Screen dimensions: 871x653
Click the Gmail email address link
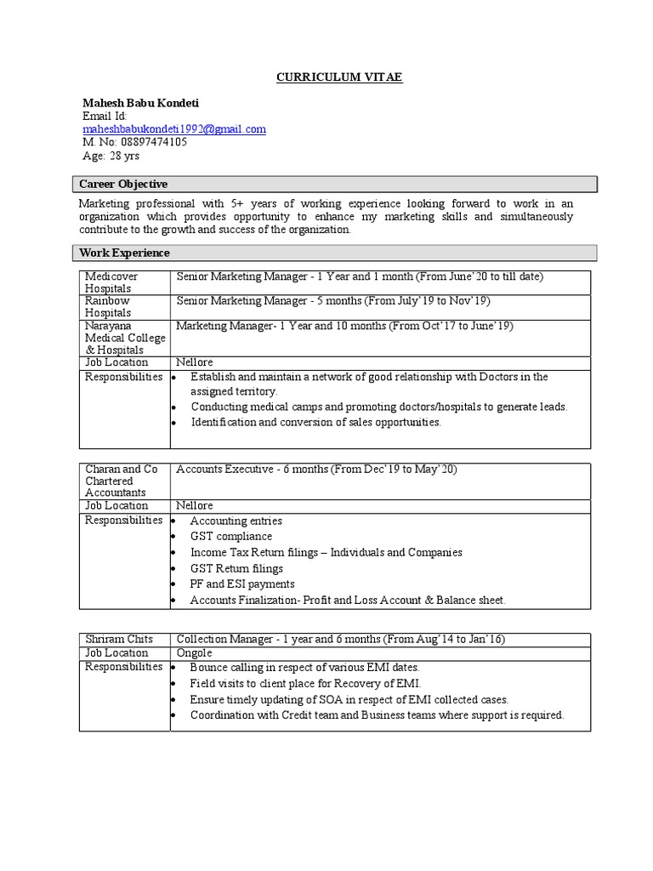coord(174,129)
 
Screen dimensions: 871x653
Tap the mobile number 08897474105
coord(134,142)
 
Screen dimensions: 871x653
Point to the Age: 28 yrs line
coord(111,156)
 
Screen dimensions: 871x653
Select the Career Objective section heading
coord(123,185)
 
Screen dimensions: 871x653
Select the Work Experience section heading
coord(124,253)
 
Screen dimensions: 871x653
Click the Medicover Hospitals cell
coord(111,282)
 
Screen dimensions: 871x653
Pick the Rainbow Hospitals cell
coord(108,307)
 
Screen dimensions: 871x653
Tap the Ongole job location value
coord(196,653)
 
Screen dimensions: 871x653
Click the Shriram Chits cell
coord(119,639)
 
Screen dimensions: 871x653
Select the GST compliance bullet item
coord(230,537)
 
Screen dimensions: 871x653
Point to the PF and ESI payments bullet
coord(242,584)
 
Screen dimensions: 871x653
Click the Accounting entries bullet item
coord(236,521)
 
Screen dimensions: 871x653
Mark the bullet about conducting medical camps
coord(378,407)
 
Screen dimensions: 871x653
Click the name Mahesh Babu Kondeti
coord(140,103)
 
